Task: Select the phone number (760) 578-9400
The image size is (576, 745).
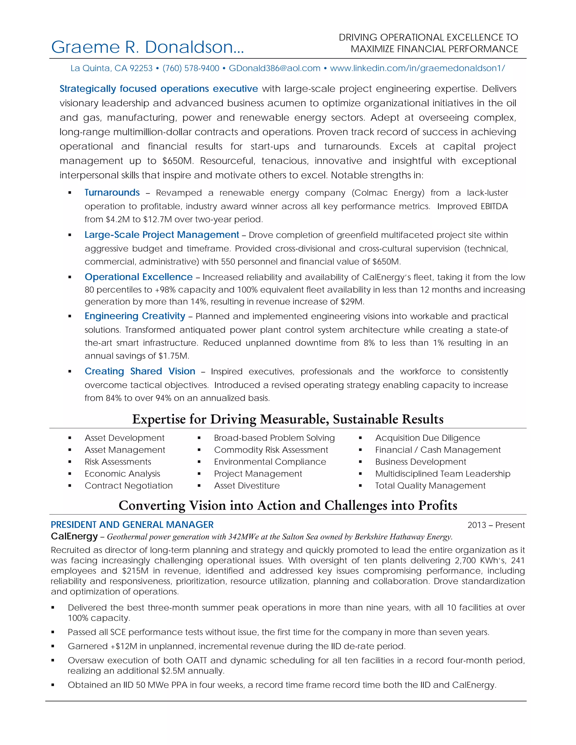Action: coord(191,68)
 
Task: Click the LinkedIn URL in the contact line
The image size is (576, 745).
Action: coord(417,68)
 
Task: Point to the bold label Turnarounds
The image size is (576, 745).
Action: coord(112,193)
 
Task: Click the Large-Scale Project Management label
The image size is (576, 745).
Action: coord(162,235)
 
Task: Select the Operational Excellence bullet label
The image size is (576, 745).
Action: coord(139,277)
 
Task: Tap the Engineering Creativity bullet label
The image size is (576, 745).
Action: coord(135,316)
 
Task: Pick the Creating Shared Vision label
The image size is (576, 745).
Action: coord(140,371)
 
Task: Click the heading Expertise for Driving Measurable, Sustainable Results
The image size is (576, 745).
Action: coord(288,419)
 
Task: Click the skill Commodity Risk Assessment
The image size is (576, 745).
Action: coord(271,450)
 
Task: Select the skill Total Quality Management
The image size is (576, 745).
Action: coord(430,486)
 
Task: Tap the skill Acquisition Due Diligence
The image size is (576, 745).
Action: coord(427,438)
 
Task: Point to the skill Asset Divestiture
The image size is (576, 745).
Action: coord(247,486)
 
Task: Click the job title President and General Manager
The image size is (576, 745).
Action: coord(132,525)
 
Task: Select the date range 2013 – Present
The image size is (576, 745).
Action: coord(496,525)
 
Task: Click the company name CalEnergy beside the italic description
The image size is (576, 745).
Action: coord(74,537)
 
